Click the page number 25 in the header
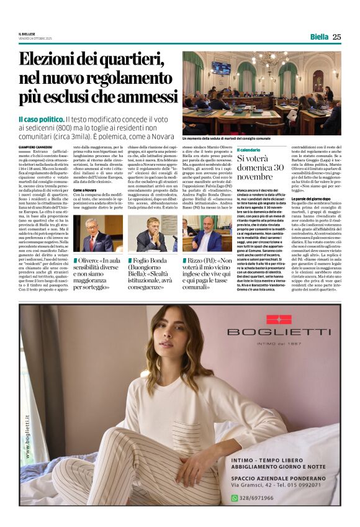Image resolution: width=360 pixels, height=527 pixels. (x=336, y=37)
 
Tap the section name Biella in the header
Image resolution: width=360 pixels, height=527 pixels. (x=319, y=37)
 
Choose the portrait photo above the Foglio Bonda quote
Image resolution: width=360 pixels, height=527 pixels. (x=152, y=233)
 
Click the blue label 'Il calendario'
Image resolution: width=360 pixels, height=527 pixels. (x=248, y=150)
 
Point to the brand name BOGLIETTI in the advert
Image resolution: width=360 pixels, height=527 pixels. (x=279, y=333)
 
